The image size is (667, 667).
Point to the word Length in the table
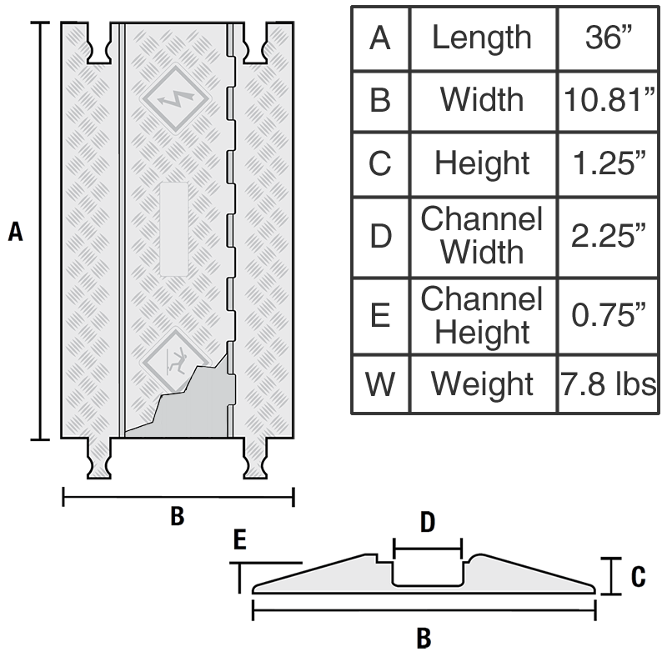(482, 38)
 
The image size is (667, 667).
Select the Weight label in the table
(482, 384)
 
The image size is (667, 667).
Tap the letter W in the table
(379, 384)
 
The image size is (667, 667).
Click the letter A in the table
(379, 38)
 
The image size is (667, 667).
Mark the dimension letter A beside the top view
(15, 232)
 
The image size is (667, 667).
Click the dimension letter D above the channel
(427, 523)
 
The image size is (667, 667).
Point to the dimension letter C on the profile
(637, 576)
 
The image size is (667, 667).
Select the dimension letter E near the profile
(240, 541)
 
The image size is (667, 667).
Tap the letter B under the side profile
(424, 639)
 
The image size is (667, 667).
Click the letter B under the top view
(177, 517)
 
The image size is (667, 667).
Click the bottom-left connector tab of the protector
(99, 459)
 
